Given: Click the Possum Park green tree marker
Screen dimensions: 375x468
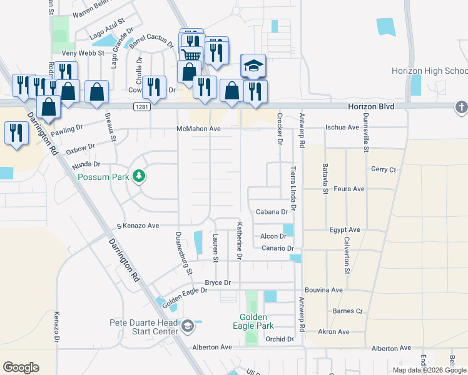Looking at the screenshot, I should [x=139, y=177].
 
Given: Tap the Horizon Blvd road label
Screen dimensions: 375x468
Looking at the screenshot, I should [x=372, y=107].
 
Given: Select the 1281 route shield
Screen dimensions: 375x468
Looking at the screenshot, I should [x=142, y=107].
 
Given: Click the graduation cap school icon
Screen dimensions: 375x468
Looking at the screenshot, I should [x=254, y=66].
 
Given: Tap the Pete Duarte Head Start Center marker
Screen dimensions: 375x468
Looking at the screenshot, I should [x=187, y=326].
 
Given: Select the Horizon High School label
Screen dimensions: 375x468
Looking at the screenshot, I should [x=429, y=71].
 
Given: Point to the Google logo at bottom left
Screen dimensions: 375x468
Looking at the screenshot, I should [x=21, y=367].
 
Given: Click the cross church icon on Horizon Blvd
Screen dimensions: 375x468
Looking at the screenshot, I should [x=462, y=107].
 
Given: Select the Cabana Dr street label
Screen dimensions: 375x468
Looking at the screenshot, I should [x=272, y=212].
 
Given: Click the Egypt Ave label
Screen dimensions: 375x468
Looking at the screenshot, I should [x=345, y=230].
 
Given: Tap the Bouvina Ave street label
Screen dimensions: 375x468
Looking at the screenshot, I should [x=323, y=290].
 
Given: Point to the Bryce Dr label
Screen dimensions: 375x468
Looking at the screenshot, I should [x=218, y=282].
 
